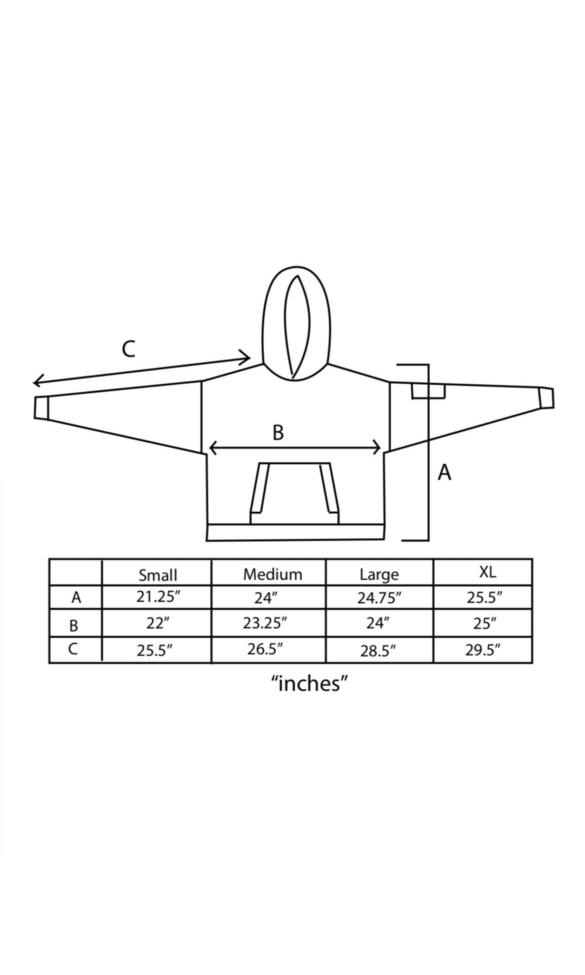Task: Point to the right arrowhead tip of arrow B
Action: coord(381,448)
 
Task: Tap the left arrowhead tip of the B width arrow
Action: coord(209,448)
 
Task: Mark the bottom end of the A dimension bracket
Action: coord(403,540)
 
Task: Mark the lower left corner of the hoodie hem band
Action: coord(207,541)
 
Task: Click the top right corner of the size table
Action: coord(532,559)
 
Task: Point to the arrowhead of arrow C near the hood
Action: coord(251,356)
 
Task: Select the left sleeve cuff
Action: coord(41,408)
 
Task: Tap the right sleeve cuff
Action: coord(546,398)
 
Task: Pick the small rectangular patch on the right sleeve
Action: coord(428,392)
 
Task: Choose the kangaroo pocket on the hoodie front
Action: coord(294,493)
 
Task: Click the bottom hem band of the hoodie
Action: coord(295,532)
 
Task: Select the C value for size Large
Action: coord(378,651)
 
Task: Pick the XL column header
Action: coord(487,572)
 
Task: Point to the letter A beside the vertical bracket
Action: coord(444,472)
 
